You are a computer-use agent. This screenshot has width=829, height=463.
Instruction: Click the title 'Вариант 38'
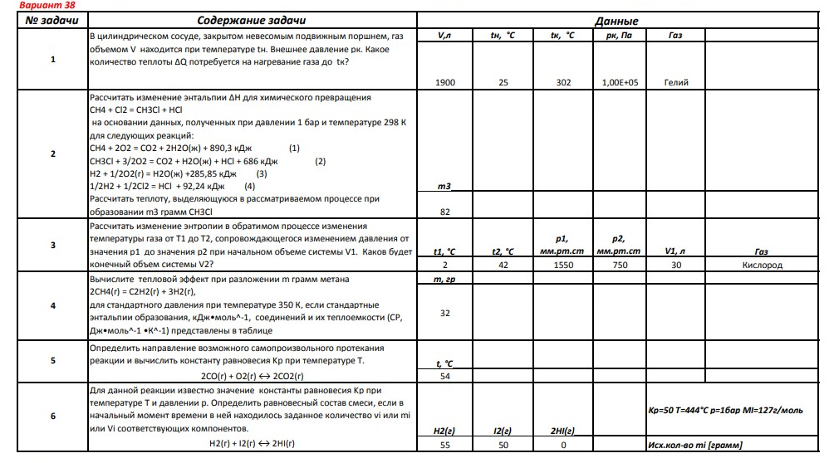tap(29, 5)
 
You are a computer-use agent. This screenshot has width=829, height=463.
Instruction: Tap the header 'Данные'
tap(617, 21)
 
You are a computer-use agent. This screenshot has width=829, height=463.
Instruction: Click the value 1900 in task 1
tap(444, 83)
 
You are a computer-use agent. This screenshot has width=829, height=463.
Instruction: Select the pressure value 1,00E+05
tap(617, 83)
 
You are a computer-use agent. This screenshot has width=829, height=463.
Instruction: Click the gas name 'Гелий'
tap(675, 83)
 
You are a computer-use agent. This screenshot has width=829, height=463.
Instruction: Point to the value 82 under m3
tap(444, 212)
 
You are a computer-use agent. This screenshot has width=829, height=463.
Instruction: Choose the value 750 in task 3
tap(617, 265)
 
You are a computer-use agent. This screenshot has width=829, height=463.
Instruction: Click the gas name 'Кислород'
tap(762, 265)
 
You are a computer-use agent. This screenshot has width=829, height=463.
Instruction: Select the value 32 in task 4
tap(444, 313)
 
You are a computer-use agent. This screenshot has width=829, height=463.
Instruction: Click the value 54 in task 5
tap(444, 376)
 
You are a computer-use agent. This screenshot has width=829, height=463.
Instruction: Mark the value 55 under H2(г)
tap(444, 446)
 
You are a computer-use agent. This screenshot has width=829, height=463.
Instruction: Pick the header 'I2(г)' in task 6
tap(502, 431)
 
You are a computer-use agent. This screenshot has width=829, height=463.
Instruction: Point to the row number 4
tap(52, 306)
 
